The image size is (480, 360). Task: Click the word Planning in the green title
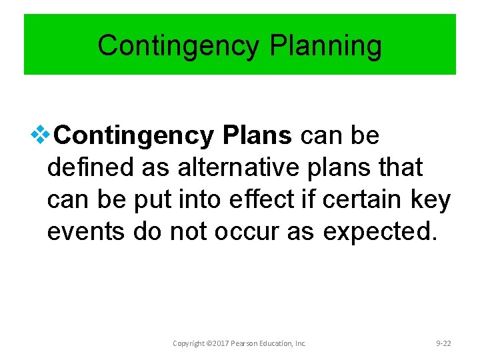(x=326, y=47)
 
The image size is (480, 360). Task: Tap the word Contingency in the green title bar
(x=178, y=47)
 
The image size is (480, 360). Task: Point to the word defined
(x=91, y=168)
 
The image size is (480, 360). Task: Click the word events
(x=86, y=231)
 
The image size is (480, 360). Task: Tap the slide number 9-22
(x=443, y=343)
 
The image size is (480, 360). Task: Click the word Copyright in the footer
(x=189, y=343)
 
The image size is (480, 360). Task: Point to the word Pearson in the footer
(x=246, y=343)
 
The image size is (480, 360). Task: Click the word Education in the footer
(x=278, y=343)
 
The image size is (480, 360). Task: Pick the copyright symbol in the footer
(x=209, y=343)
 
